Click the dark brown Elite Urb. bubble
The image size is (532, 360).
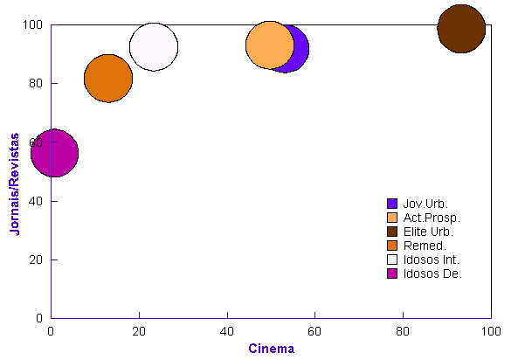[461, 28]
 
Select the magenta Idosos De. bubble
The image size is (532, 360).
[54, 153]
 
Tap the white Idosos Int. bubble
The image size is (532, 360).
[154, 47]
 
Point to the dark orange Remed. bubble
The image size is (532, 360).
[108, 78]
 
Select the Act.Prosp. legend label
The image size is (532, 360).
[432, 218]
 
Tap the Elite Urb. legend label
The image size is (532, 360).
[428, 232]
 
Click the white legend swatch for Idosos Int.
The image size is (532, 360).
[391, 260]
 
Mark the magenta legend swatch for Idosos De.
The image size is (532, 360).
[391, 273]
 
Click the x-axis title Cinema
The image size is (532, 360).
[271, 349]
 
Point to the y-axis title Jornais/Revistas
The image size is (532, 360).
[15, 183]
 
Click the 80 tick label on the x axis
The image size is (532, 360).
[403, 331]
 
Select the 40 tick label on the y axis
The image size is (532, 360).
[39, 201]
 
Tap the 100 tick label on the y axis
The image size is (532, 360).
[36, 25]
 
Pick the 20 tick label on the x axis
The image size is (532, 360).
[139, 331]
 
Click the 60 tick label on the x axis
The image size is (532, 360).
[314, 331]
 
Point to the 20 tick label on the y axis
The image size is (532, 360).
[39, 260]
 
